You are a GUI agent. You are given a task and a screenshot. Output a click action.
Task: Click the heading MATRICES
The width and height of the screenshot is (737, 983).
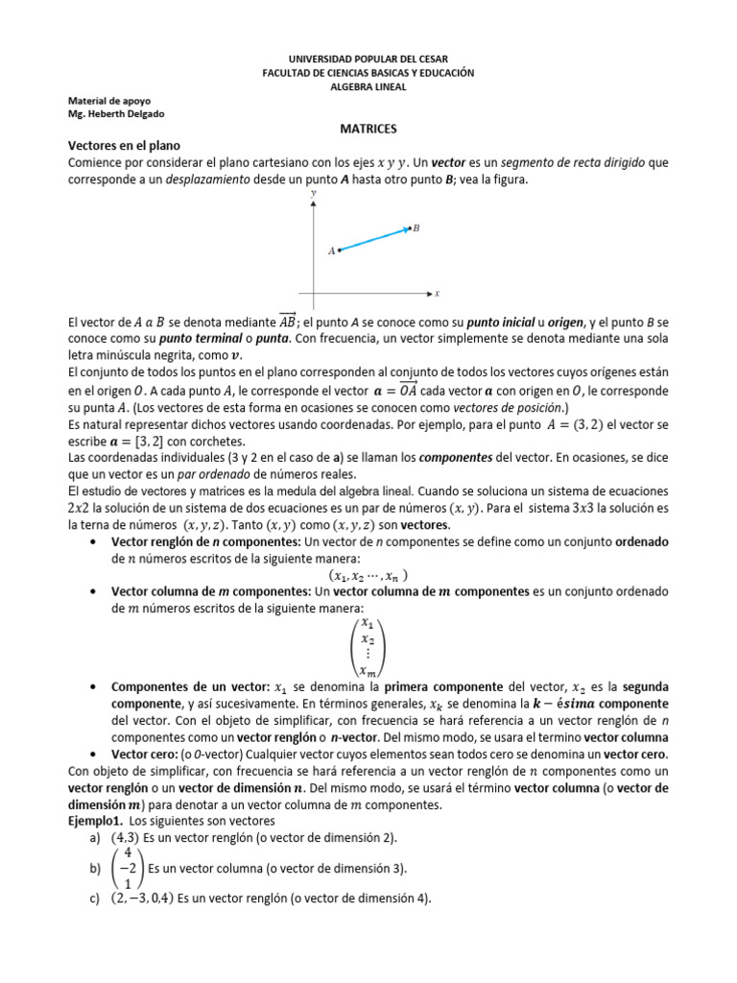368,128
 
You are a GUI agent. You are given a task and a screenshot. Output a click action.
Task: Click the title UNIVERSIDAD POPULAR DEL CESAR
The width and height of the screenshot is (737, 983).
368,60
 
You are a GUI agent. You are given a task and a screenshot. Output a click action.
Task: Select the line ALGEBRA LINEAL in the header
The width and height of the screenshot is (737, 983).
368,86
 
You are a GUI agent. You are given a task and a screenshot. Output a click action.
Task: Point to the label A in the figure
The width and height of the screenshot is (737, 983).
331,252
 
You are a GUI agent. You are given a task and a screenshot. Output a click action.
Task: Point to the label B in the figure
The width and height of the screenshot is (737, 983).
416,228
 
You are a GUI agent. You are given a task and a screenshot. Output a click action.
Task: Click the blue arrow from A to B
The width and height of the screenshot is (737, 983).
374,239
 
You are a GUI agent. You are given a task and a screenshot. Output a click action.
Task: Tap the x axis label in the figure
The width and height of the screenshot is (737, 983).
437,294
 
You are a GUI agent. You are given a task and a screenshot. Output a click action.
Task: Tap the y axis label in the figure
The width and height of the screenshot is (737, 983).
314,194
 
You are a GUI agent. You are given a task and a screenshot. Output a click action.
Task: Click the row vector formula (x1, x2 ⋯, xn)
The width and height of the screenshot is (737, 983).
368,576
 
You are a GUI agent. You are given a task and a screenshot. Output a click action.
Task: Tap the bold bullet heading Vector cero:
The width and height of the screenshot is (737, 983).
145,755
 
